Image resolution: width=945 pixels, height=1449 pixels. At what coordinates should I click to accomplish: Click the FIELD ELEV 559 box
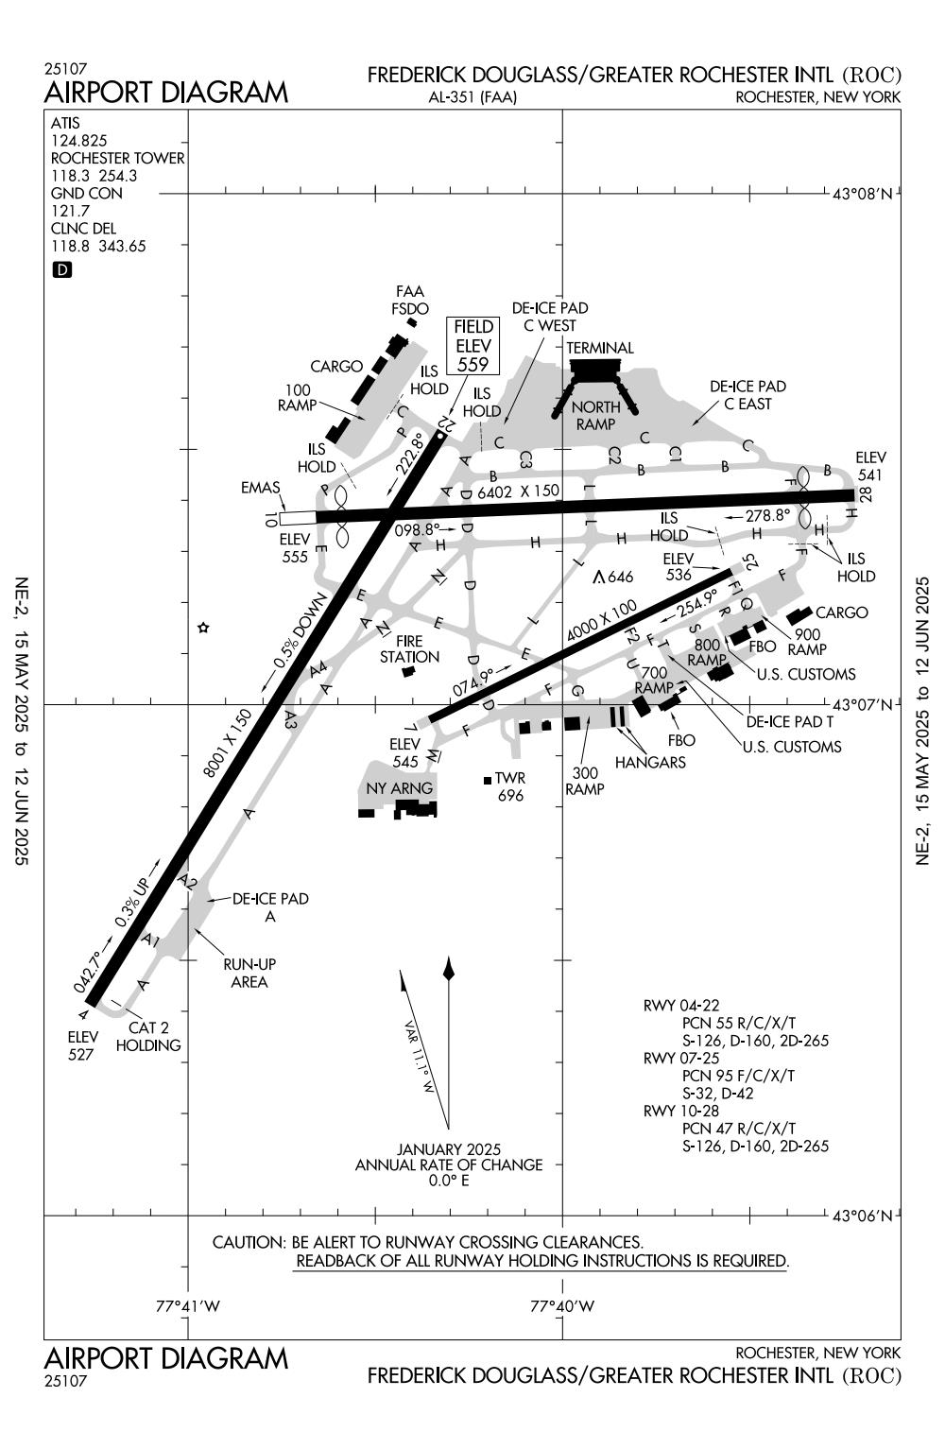point(473,345)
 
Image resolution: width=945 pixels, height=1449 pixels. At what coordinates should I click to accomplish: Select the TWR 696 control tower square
point(488,780)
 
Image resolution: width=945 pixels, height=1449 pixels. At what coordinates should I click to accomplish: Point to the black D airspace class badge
point(62,270)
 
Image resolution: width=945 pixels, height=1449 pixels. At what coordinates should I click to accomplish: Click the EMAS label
point(261,488)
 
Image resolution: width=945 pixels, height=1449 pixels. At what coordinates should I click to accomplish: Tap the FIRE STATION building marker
point(408,671)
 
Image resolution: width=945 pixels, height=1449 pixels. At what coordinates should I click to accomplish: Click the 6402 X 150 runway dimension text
point(518,492)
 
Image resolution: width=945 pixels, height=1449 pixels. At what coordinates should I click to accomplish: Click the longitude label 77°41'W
point(188,1306)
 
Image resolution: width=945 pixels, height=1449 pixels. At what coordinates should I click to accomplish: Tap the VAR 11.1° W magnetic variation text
point(418,1058)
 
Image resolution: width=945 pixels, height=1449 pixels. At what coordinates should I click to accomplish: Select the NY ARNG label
point(399,787)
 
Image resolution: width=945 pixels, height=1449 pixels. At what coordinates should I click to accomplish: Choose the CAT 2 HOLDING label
point(148,1036)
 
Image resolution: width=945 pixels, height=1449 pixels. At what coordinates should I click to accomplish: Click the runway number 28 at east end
point(865,494)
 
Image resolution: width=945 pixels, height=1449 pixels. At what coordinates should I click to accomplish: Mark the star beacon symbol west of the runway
point(202,628)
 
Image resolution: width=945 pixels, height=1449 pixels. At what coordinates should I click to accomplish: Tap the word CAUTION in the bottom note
point(249,1242)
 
